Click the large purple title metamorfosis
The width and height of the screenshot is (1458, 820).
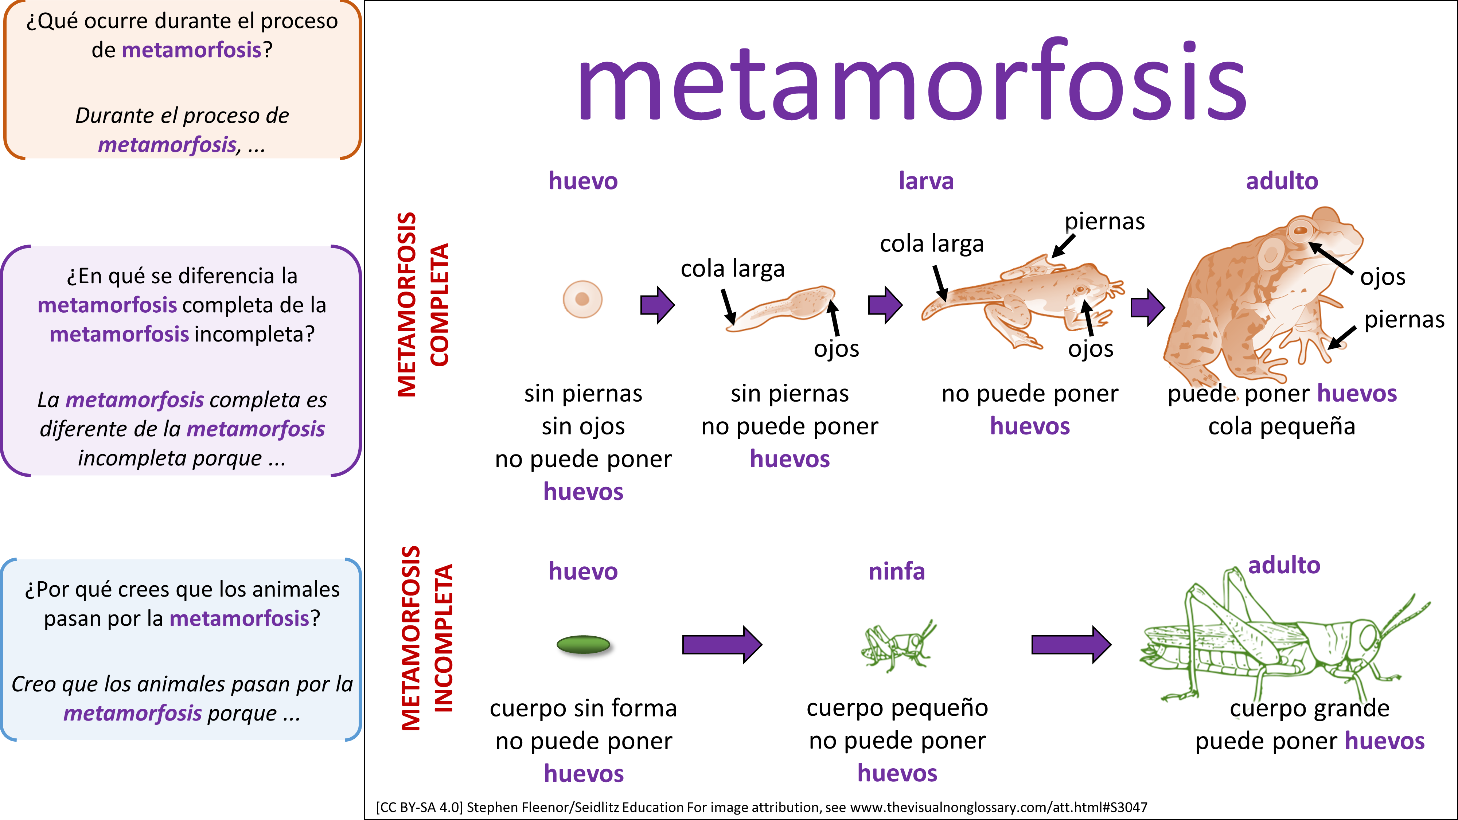[x=911, y=82]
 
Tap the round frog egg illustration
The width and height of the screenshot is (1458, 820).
[x=582, y=299]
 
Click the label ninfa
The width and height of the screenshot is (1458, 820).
[x=897, y=571]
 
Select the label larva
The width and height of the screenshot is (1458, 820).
[x=926, y=181]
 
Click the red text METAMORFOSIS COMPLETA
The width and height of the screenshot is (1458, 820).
[x=423, y=304]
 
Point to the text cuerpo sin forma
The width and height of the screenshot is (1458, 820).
[x=583, y=708]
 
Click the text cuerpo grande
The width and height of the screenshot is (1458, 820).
[x=1309, y=708]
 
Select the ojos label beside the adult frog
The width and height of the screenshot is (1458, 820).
[x=1383, y=277]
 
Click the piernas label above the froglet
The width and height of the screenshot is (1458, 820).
[x=1104, y=221]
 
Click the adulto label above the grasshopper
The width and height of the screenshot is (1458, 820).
[x=1284, y=565]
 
